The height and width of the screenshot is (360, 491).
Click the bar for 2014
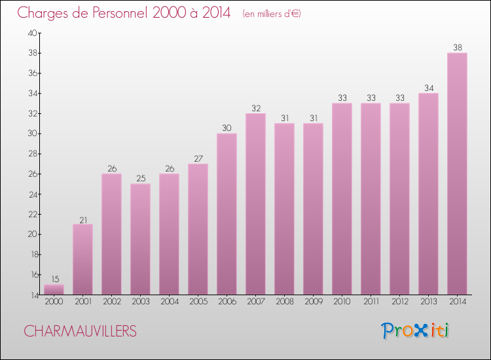click(457, 173)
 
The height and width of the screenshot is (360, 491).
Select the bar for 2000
click(54, 289)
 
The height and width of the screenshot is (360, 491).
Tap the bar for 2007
click(255, 204)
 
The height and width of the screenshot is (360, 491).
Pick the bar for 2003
click(140, 239)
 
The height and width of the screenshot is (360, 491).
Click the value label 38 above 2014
click(457, 47)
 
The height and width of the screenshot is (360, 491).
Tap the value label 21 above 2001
click(82, 219)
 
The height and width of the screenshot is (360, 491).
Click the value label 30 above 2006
click(227, 128)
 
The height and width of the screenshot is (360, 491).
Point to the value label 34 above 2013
click(428, 88)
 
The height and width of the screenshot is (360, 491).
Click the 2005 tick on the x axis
click(198, 302)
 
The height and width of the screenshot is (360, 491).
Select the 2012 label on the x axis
click(399, 302)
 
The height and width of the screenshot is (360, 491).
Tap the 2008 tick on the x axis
click(284, 302)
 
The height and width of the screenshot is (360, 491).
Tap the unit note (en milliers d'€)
click(271, 14)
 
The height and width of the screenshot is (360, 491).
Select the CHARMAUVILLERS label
click(81, 331)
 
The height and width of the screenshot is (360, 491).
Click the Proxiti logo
click(416, 331)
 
